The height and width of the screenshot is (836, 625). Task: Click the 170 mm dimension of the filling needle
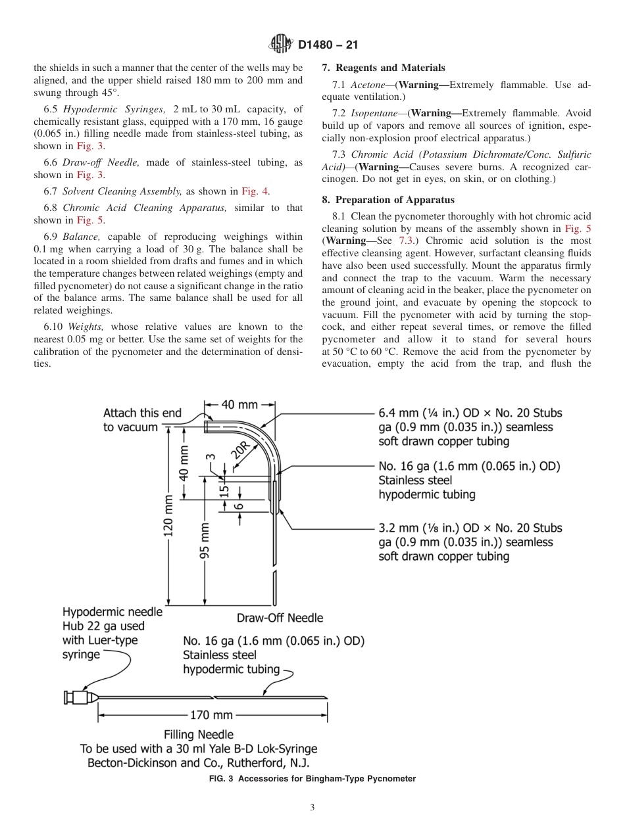point(212,715)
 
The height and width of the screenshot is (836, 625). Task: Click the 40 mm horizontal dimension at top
point(239,405)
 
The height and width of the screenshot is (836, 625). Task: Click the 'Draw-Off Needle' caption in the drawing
point(280,617)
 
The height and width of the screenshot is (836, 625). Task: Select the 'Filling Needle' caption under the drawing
point(198,734)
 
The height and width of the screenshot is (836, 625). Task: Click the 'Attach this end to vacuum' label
point(142,420)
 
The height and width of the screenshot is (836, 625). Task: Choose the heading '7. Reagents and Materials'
point(384,68)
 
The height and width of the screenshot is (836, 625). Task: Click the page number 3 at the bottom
point(312,808)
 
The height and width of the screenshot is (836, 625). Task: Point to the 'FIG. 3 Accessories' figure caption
point(312,779)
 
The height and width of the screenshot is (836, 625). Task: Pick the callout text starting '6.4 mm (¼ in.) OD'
point(470,427)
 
